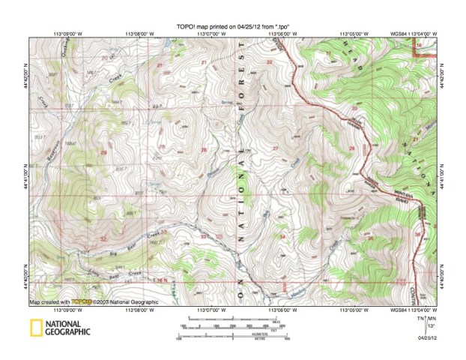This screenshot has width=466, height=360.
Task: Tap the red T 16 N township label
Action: click(x=160, y=279)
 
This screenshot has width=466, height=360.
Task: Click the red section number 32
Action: click(x=103, y=237)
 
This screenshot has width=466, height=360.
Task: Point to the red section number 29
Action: click(x=103, y=153)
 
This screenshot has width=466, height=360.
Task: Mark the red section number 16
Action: click(x=419, y=47)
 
